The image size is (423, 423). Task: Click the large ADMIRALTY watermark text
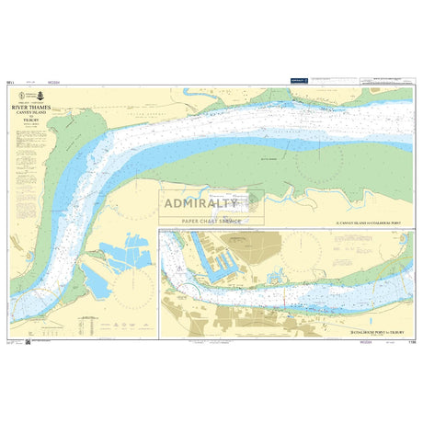click(x=211, y=203)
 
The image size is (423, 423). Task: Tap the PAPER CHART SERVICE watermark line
click(x=211, y=222)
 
